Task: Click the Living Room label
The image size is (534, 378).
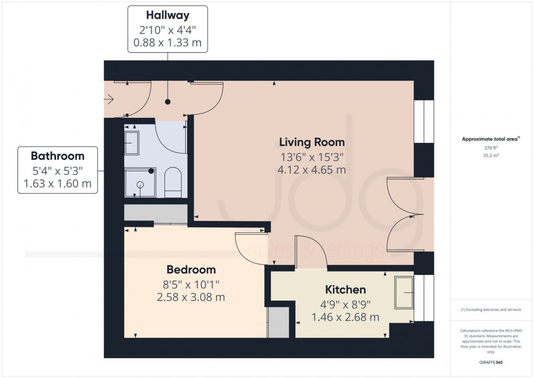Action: (312, 142)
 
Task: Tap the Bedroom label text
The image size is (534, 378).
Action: (191, 269)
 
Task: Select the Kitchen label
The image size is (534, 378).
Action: (345, 289)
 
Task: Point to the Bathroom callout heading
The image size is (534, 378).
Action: (57, 155)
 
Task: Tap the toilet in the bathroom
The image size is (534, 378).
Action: (172, 182)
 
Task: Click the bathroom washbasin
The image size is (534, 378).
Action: (132, 143)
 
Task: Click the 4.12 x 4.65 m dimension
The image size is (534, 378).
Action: (312, 170)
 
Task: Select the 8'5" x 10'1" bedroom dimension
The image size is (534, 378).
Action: (191, 284)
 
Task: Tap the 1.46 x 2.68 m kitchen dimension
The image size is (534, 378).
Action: (345, 317)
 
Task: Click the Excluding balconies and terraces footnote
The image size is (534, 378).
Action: (491, 310)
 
